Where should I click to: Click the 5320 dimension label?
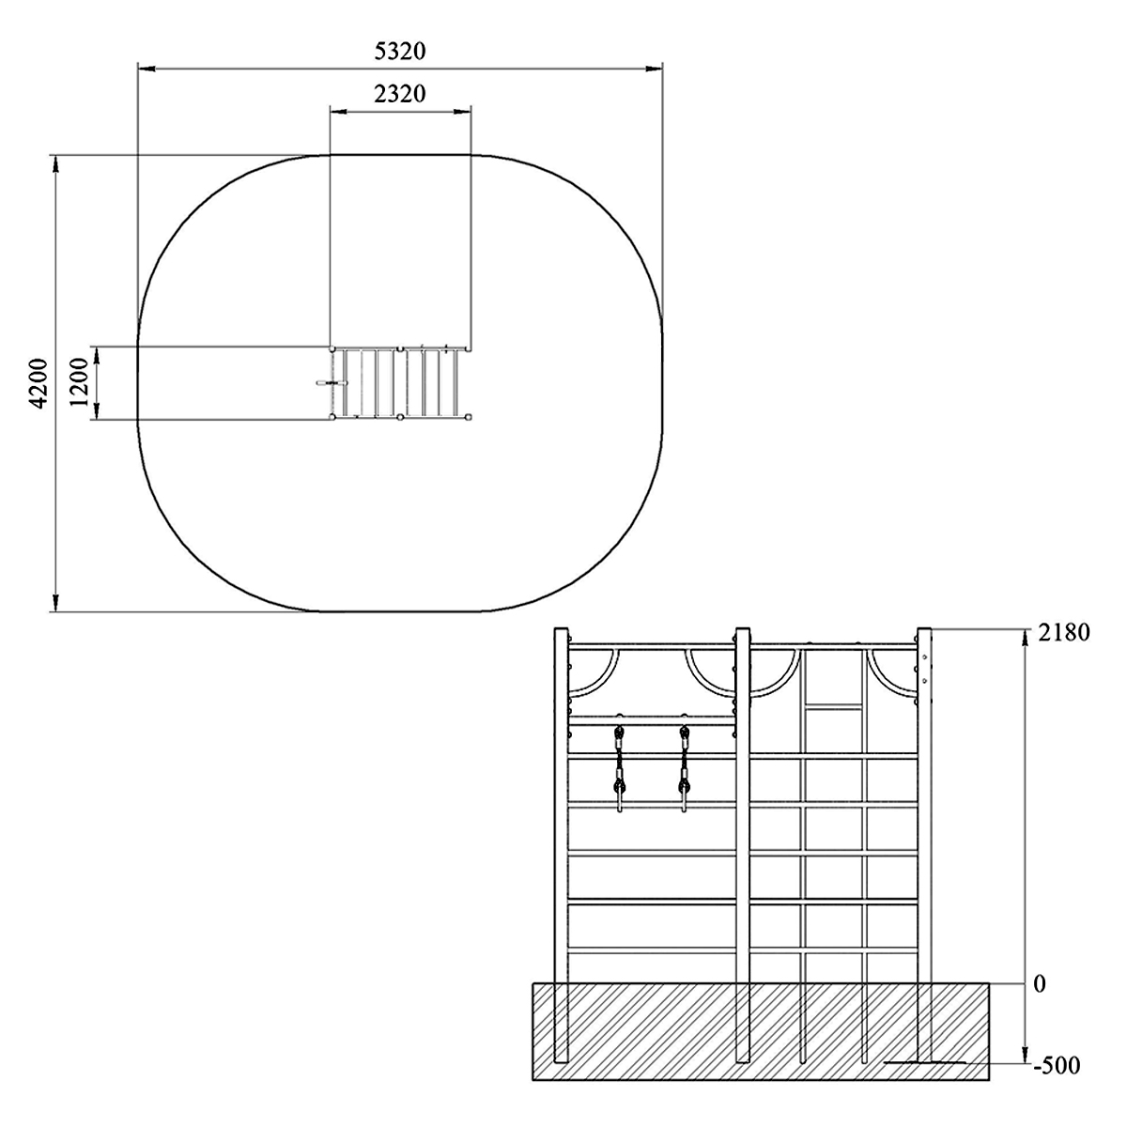click(x=400, y=52)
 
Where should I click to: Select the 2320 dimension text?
click(x=400, y=94)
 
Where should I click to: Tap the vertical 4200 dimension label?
click(x=39, y=383)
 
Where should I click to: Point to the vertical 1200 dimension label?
click(x=81, y=383)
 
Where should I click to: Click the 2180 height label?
click(x=1064, y=633)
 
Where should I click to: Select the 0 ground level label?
click(x=1040, y=985)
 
